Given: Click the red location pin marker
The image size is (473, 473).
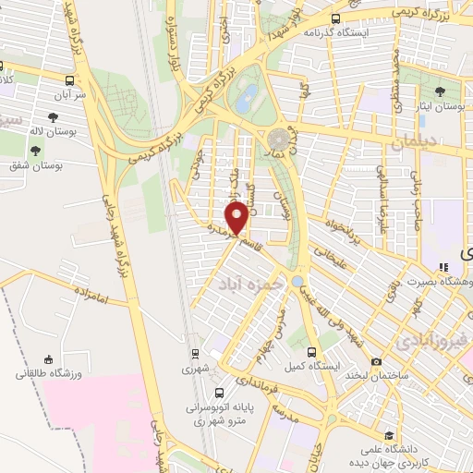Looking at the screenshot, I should tap(237, 218).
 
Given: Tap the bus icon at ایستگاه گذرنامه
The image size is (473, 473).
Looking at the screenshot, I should tap(334, 18).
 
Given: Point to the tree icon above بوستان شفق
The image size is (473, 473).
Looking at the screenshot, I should tap(35, 151).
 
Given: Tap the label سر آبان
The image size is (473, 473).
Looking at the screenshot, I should tap(69, 95).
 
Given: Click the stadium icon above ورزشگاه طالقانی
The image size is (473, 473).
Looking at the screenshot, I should tap(48, 358).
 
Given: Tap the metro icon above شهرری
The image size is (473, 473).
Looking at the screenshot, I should tap(194, 352).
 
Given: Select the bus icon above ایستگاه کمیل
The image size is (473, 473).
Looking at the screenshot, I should tap(312, 352).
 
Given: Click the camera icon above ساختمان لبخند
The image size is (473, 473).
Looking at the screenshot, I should tap(376, 361).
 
